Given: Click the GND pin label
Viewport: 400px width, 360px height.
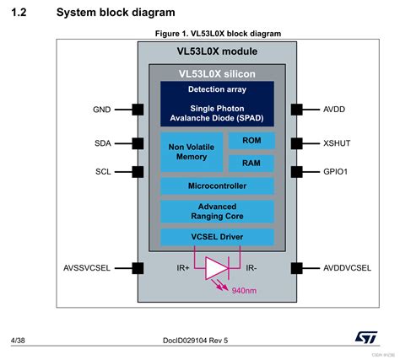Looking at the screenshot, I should [x=101, y=110].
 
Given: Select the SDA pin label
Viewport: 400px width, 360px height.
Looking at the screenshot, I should [x=101, y=143].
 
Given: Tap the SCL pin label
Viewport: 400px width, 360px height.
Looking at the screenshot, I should [x=101, y=171].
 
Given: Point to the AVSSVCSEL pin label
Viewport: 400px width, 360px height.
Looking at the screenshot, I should [x=88, y=268].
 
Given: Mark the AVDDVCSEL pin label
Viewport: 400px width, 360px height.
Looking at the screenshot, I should [x=345, y=268].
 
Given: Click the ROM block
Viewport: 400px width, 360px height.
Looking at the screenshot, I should [x=251, y=141].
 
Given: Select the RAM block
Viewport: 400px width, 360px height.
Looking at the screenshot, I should [x=251, y=163].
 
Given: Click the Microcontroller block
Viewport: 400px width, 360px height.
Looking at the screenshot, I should [x=217, y=185].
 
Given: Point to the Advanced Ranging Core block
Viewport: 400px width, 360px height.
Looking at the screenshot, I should [x=217, y=212].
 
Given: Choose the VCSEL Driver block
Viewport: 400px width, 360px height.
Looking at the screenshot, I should [x=217, y=237].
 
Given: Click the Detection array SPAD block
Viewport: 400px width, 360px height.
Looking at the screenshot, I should [x=217, y=104].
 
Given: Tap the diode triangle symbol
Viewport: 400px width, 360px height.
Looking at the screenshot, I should [x=217, y=268].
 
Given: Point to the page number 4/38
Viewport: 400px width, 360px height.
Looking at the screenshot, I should [x=18, y=341].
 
